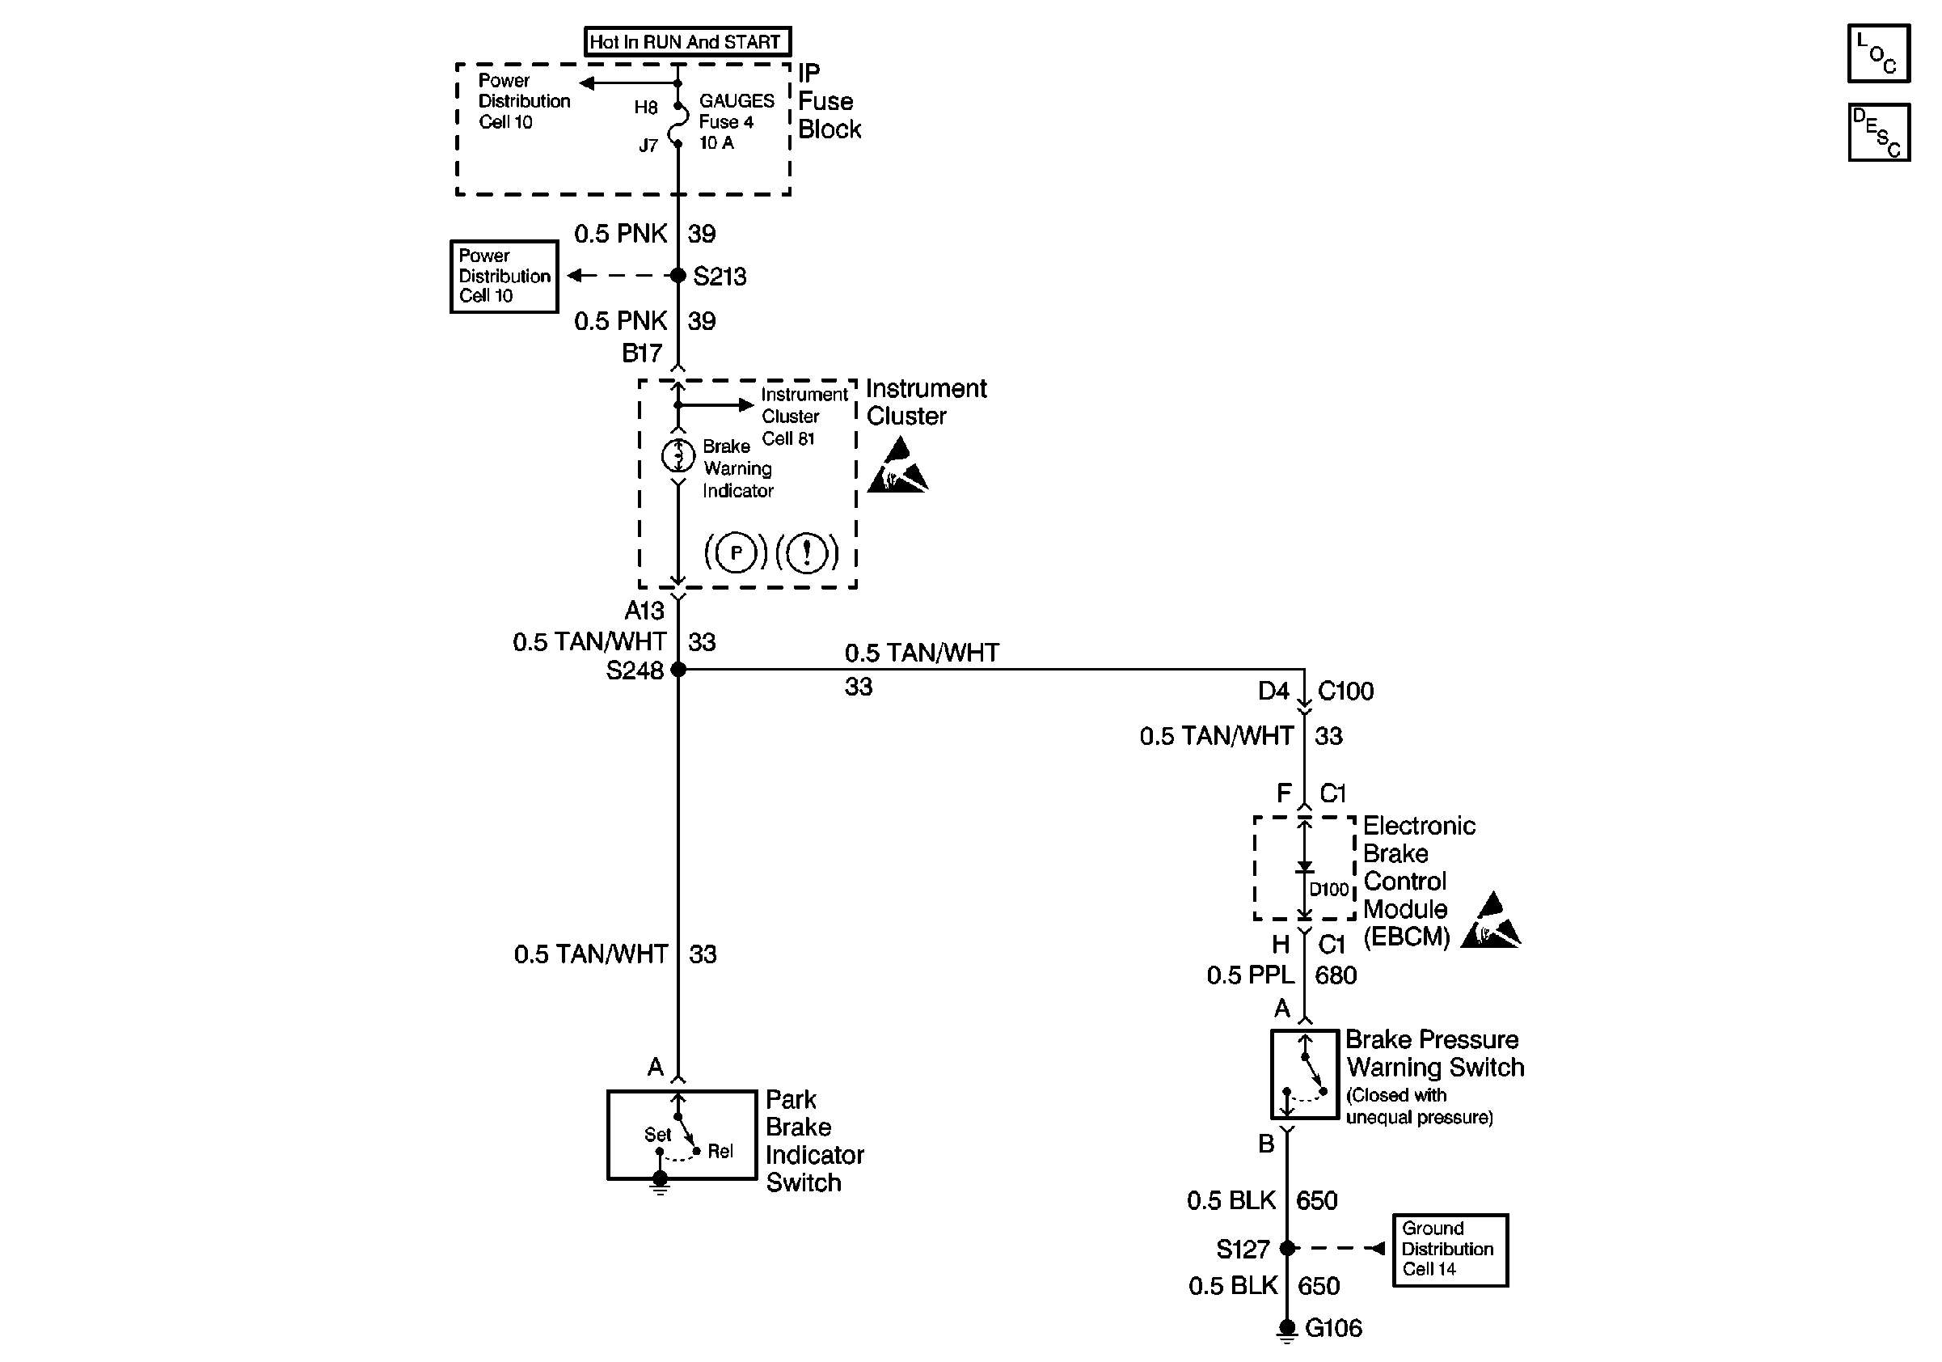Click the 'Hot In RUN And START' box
686,41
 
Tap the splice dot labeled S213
678,276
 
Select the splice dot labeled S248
678,669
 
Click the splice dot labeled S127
1287,1248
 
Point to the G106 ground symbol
1286,1330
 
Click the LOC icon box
1877,53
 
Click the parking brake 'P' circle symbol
736,553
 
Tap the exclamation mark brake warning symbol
807,553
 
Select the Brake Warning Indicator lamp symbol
678,456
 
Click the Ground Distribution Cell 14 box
1450,1250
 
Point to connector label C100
1345,692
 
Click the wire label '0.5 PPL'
1250,975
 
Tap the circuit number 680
1336,975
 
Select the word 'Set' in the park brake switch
657,1135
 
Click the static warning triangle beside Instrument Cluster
897,466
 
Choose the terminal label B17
642,353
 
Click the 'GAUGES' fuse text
736,100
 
